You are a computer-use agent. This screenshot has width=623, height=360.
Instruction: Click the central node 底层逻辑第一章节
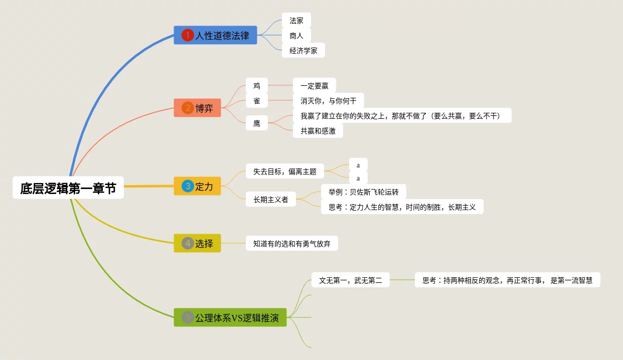[x=68, y=188]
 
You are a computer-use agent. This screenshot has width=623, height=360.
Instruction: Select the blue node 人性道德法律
[x=215, y=36]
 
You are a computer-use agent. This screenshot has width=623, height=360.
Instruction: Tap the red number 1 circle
[x=188, y=36]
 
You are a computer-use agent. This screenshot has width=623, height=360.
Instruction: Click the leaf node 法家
[x=296, y=21]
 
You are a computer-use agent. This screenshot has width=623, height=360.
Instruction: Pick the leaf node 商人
[x=296, y=36]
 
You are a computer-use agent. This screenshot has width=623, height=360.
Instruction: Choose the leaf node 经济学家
[x=303, y=51]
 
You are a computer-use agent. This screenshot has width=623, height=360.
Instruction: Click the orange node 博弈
[x=197, y=108]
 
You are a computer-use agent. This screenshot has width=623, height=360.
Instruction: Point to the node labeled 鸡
[x=257, y=86]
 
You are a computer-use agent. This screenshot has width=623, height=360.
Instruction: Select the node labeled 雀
[x=257, y=101]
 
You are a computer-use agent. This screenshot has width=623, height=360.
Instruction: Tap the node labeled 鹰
[x=257, y=123]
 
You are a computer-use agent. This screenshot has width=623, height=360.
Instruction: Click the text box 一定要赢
[x=314, y=86]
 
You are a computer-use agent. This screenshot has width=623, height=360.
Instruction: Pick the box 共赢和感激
[x=318, y=131]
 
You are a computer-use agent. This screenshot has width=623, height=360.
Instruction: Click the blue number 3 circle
[x=188, y=186]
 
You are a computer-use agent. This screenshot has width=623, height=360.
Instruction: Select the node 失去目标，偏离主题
[x=285, y=171]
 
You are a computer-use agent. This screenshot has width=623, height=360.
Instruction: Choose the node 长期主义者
[x=271, y=200]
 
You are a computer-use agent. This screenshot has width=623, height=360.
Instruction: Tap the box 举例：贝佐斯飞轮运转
[x=363, y=192]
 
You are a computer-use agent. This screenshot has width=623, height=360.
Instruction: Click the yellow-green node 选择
[x=197, y=243]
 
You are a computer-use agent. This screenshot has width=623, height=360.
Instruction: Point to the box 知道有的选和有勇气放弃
[x=292, y=244]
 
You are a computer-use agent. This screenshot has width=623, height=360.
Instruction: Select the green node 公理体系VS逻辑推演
[x=230, y=317]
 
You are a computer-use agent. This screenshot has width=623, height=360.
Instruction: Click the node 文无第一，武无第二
[x=351, y=280]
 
